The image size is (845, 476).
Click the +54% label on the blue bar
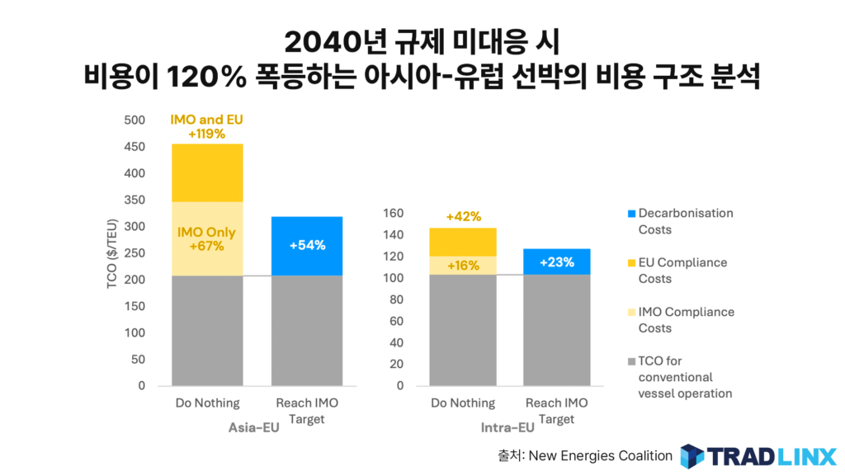click(307, 245)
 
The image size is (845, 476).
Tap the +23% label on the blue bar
click(557, 262)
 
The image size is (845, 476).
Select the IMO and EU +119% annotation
click(206, 126)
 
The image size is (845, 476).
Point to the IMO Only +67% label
click(206, 239)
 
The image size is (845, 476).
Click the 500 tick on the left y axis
click(134, 120)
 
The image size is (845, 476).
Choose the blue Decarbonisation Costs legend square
click(631, 214)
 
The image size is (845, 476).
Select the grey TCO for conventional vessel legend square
click(631, 361)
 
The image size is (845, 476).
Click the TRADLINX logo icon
click(692, 455)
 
